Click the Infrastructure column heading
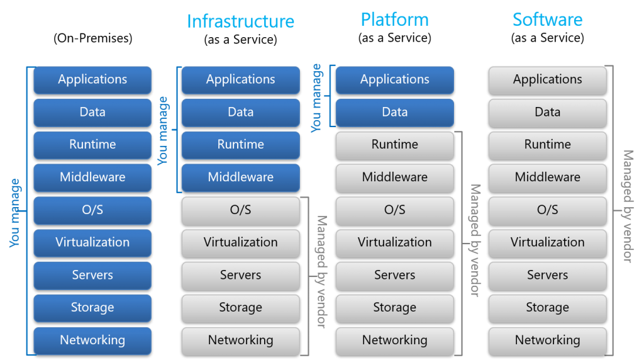coord(240,21)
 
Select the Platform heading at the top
coord(394,20)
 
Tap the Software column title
coord(547,20)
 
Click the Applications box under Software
coord(547,79)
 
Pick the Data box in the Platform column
coord(394,112)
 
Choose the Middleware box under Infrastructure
coord(240,177)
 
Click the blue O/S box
coord(92,210)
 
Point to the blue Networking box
coord(92,340)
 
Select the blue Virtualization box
coord(92,242)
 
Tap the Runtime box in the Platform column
coord(394,145)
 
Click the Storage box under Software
coord(547,308)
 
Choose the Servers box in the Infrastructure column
coord(240,275)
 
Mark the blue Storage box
coord(92,308)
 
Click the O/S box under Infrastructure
coord(240,210)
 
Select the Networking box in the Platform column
coord(394,340)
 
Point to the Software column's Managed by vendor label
coord(628,206)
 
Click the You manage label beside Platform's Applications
coord(316,98)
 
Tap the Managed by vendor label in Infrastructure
coord(321,272)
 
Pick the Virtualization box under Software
coord(547,242)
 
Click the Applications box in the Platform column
coord(394,79)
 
